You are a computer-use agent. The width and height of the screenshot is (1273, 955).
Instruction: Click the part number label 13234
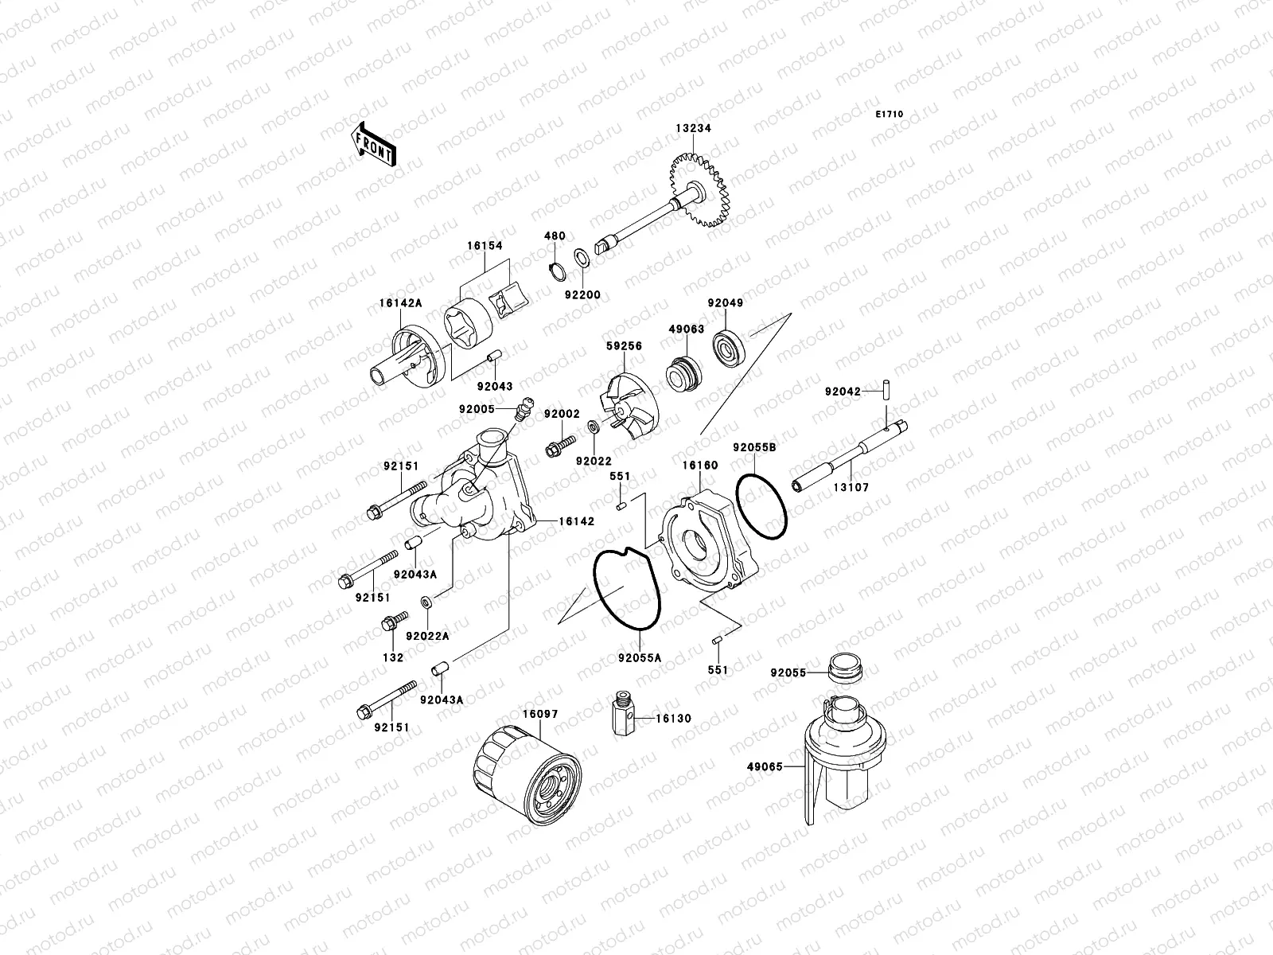(x=693, y=128)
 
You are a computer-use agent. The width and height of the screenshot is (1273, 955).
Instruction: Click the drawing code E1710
(x=890, y=115)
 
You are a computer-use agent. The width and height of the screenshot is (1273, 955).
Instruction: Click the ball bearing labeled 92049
(x=726, y=347)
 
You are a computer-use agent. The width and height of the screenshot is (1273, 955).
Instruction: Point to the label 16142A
(x=400, y=303)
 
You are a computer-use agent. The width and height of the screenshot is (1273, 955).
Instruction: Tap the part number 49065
(x=765, y=767)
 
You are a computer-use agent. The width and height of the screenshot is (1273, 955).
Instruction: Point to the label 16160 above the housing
(x=699, y=464)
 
